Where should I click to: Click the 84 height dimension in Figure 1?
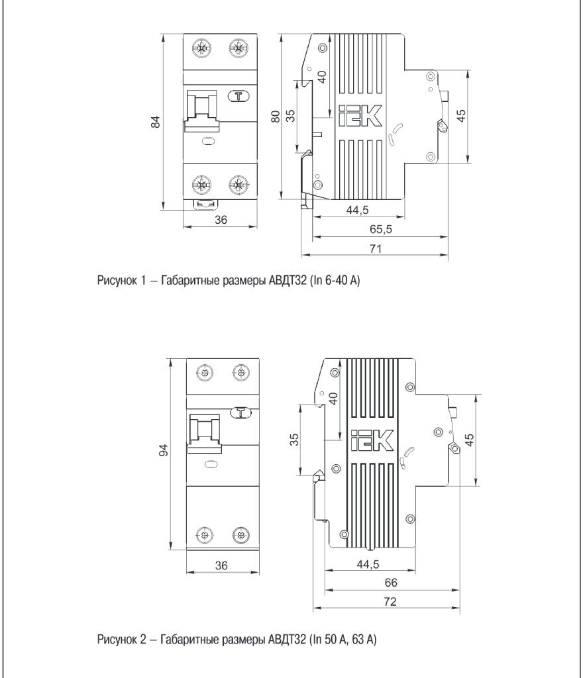click(x=156, y=122)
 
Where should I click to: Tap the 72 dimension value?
click(x=390, y=602)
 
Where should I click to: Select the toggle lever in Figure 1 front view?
click(x=201, y=107)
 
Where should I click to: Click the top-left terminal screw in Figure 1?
click(x=201, y=48)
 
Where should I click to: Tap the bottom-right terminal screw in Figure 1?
click(x=238, y=184)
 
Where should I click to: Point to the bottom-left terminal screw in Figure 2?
click(x=204, y=535)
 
